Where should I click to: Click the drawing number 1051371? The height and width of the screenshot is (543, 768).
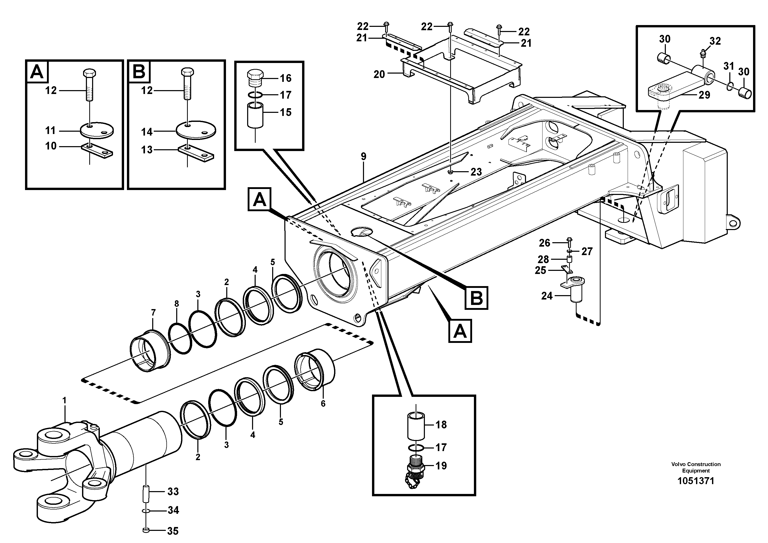696,481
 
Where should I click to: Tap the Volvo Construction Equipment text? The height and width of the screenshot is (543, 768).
696,467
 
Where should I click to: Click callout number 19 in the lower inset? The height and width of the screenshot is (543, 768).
441,466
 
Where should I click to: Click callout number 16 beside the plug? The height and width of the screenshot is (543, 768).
286,78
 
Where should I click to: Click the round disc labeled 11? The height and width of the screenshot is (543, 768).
97,130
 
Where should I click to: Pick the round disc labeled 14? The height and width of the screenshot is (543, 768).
196,130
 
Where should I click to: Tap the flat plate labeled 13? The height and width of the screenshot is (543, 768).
196,152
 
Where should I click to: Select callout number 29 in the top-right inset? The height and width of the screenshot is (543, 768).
704,95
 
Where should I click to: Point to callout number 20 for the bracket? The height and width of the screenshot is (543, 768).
379,74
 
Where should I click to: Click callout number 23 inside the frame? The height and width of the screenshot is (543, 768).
476,172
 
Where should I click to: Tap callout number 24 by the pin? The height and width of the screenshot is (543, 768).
547,296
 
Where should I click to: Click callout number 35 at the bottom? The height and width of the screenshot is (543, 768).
173,531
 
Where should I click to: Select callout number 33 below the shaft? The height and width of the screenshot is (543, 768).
173,491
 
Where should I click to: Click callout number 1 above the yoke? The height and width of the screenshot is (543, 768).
64,400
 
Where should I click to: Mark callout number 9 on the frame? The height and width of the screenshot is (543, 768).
363,156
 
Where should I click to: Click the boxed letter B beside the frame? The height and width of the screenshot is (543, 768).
476,298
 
